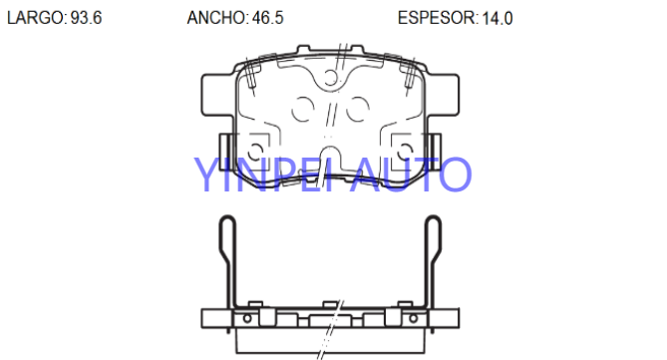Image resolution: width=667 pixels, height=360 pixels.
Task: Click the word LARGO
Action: (35, 18)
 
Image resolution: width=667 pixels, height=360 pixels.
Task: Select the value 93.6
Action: (86, 18)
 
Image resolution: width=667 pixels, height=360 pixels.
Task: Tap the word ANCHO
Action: (216, 18)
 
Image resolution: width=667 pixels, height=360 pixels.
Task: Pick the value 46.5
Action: (267, 18)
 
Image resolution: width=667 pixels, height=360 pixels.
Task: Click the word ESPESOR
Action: (437, 18)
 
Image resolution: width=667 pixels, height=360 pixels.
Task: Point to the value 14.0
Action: (498, 18)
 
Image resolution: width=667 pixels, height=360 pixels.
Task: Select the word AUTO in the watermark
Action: (411, 175)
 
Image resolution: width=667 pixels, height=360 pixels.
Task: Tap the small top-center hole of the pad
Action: (331, 77)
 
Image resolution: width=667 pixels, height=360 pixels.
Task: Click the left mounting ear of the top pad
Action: (217, 95)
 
